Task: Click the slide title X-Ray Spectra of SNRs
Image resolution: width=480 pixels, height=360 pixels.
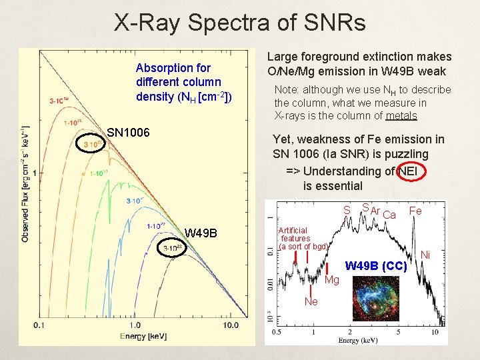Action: pyautogui.click(x=240, y=23)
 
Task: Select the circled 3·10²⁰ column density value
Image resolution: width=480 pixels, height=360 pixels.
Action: pyautogui.click(x=93, y=144)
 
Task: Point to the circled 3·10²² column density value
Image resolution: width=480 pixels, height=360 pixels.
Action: pyautogui.click(x=177, y=249)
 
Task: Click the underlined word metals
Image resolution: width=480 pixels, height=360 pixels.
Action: pyautogui.click(x=401, y=116)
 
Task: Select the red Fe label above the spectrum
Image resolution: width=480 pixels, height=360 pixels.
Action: pyautogui.click(x=415, y=211)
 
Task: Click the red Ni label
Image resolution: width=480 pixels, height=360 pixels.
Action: pyautogui.click(x=425, y=255)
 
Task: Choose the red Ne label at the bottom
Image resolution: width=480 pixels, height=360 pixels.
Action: pyautogui.click(x=311, y=301)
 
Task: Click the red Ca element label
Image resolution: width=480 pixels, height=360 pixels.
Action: pyautogui.click(x=390, y=214)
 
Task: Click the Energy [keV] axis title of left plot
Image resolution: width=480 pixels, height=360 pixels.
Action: pyautogui.click(x=143, y=336)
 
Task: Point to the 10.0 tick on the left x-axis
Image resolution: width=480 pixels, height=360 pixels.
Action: pyautogui.click(x=231, y=325)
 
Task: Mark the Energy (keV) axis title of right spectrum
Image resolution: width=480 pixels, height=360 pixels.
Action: pyautogui.click(x=359, y=340)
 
